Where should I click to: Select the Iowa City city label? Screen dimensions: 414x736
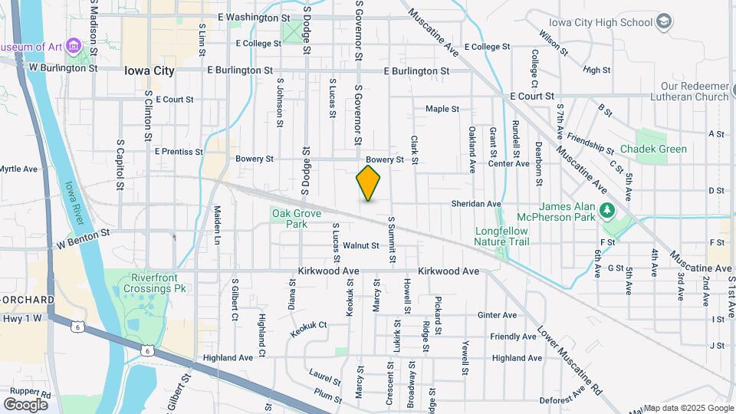149,71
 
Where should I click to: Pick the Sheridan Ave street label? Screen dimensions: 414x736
477,204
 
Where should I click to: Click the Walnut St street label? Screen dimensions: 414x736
361,245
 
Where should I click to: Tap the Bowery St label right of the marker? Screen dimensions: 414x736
384,160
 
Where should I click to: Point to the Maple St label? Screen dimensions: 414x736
442,109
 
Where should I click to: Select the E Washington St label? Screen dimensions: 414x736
254,17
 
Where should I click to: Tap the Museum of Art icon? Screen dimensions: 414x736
74,47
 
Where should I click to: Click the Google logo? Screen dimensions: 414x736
25,404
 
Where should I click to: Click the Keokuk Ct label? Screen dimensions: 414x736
308,329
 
